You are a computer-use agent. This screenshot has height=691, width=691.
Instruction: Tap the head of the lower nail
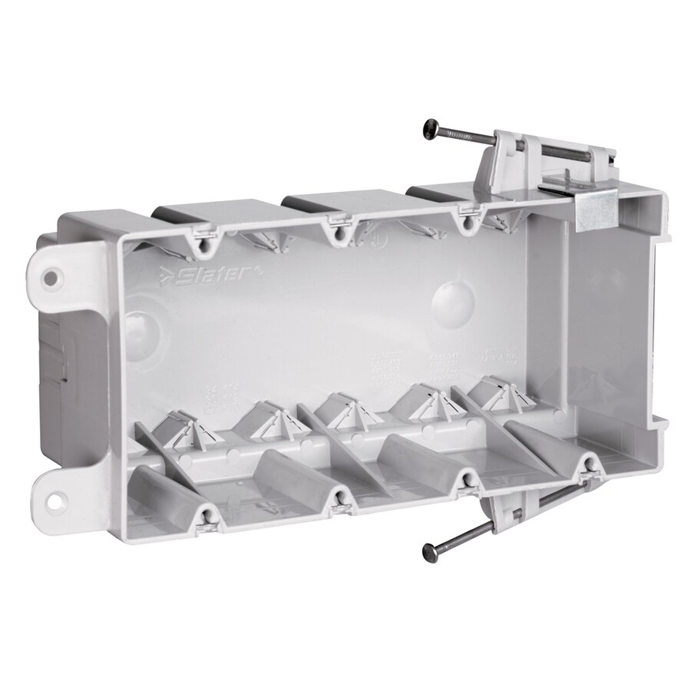pos(431,551)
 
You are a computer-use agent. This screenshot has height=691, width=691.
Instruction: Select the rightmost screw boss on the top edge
pos(465,224)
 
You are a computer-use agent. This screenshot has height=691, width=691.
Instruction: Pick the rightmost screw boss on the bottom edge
pos(587,463)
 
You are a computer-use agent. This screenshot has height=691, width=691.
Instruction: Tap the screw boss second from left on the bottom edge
pos(337,500)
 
